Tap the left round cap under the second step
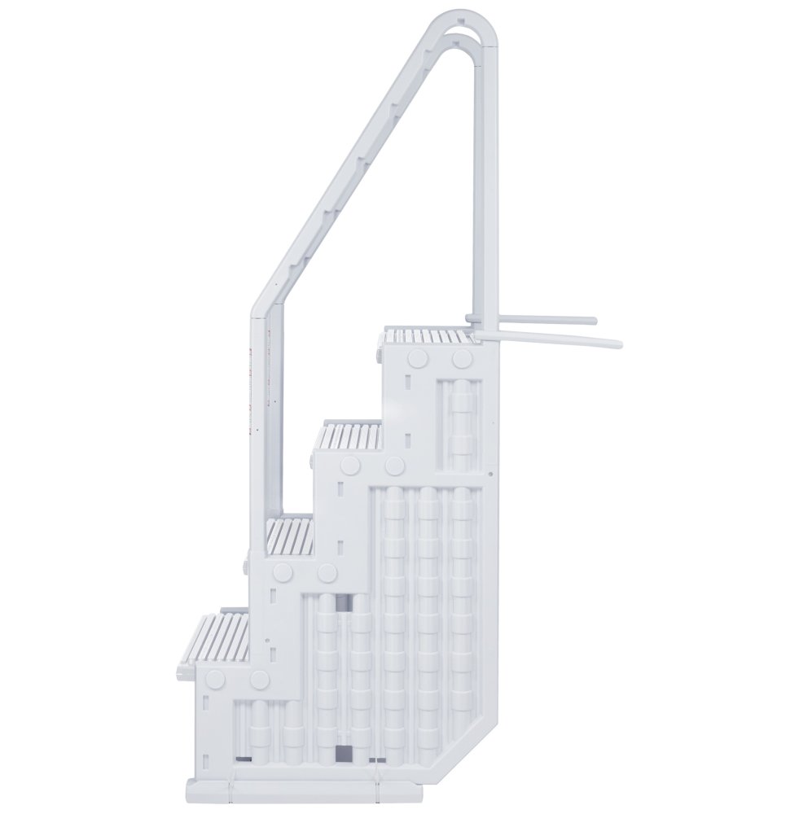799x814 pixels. [x=352, y=466]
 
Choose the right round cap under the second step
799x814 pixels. [x=395, y=466]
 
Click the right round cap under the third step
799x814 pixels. [x=327, y=572]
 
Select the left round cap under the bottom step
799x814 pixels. [x=217, y=678]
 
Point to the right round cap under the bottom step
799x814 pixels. [x=260, y=678]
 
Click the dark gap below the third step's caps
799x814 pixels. [x=345, y=603]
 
